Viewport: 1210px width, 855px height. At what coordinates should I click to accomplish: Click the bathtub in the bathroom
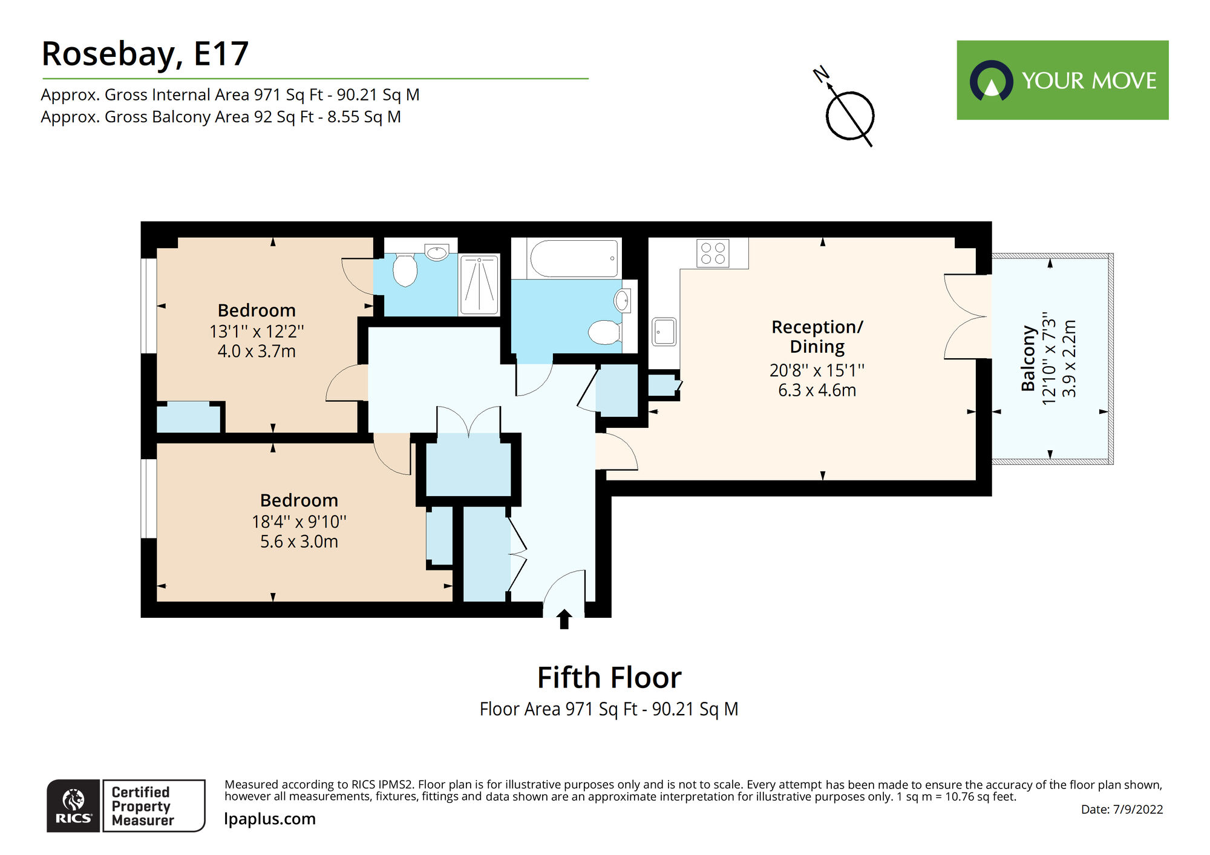coord(574,259)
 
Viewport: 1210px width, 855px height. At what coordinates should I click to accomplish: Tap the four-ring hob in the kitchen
coord(713,253)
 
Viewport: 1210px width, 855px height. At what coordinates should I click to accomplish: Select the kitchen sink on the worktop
coord(664,332)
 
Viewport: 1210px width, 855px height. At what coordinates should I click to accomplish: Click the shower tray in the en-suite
coord(479,285)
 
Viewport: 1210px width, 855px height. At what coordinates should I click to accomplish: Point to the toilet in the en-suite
coord(405,270)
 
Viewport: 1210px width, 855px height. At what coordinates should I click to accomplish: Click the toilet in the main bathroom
coord(605,332)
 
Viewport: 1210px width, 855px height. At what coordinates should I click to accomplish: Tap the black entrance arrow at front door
coord(564,620)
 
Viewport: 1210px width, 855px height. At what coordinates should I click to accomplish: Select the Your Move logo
coord(1062,80)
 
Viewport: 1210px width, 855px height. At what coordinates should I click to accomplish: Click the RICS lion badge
coord(73,805)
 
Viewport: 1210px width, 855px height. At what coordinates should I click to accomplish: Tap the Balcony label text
coord(1028,358)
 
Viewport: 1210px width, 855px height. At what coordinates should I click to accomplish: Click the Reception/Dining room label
coord(817,336)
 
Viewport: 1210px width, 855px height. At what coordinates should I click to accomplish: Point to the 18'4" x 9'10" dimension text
coord(299,522)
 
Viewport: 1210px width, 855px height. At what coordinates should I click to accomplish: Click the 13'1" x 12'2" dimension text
coord(257,332)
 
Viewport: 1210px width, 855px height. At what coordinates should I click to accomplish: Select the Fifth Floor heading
coord(609,678)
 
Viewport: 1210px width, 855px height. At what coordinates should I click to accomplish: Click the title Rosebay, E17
coord(145,54)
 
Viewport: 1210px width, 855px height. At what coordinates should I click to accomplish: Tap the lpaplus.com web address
coord(270,819)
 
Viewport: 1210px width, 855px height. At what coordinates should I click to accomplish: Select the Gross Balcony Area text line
coord(221,117)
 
